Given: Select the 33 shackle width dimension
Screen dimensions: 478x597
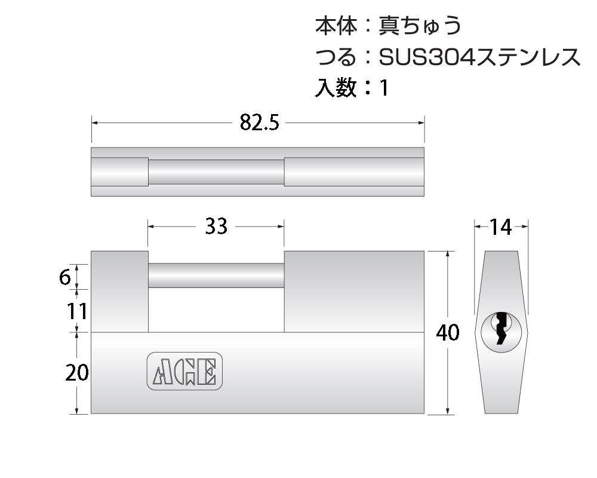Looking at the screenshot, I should coord(216,226).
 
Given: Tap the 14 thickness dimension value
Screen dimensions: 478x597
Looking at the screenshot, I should coord(501,226).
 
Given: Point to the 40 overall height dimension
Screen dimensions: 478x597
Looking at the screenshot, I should coord(448,333).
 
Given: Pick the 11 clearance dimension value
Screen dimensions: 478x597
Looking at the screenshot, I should coord(76,311).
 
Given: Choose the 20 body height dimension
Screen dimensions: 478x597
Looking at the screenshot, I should coord(77,373).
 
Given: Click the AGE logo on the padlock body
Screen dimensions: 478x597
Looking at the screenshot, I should coord(184,370).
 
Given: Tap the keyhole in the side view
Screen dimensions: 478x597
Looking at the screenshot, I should coord(501,329).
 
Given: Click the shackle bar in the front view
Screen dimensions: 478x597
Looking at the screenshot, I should coord(216,275).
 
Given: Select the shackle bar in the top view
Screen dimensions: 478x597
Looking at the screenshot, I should coord(216,172).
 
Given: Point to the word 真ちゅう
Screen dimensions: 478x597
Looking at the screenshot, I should coord(420,26).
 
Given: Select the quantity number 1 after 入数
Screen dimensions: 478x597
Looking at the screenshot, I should coord(384,88).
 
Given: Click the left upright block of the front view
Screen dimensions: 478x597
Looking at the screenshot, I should coord(119,291).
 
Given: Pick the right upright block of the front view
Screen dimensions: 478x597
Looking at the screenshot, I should coord(353,291).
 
